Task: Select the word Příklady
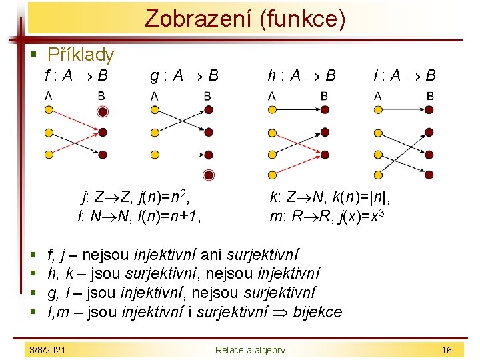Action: click(x=81, y=55)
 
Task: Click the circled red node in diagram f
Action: click(x=102, y=112)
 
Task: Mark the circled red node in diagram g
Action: click(x=209, y=175)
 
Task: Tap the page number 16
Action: click(x=447, y=350)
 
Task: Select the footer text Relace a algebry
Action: click(x=250, y=350)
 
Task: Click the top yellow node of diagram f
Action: click(x=49, y=112)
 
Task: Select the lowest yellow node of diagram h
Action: click(x=272, y=175)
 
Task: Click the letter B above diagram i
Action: click(x=431, y=96)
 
